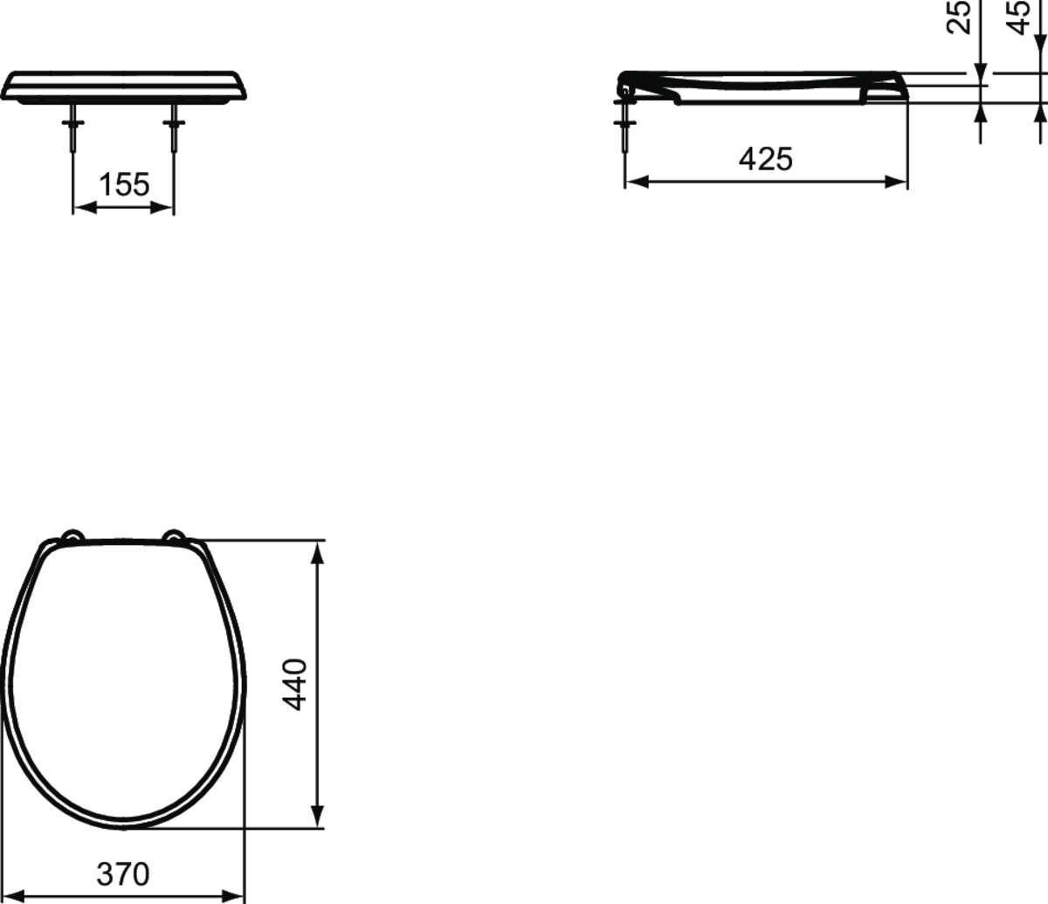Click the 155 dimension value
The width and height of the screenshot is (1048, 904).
click(x=124, y=185)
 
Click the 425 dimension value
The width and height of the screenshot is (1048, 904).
click(x=766, y=159)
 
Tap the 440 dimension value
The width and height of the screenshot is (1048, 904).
click(x=296, y=684)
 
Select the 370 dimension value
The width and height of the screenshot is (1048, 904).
click(x=123, y=874)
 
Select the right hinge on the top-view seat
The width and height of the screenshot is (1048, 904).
click(x=174, y=535)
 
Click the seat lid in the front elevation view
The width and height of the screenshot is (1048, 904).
click(x=123, y=86)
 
